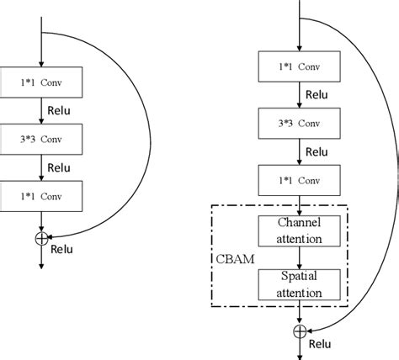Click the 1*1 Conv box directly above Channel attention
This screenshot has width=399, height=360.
coord(299,180)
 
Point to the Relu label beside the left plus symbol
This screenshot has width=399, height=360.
coord(61,250)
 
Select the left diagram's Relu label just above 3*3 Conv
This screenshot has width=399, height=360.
coord(59,108)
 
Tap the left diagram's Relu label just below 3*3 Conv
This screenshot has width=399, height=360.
coord(59,167)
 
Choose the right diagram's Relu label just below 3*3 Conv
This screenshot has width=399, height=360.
coord(316,152)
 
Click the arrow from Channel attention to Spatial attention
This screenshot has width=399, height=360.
coord(299,260)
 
